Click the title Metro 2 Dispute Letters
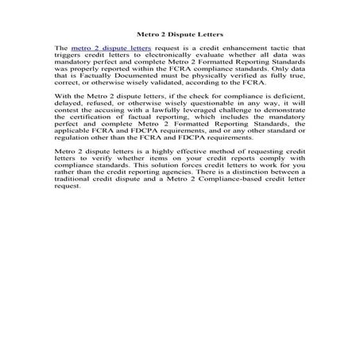pos(180,35)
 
